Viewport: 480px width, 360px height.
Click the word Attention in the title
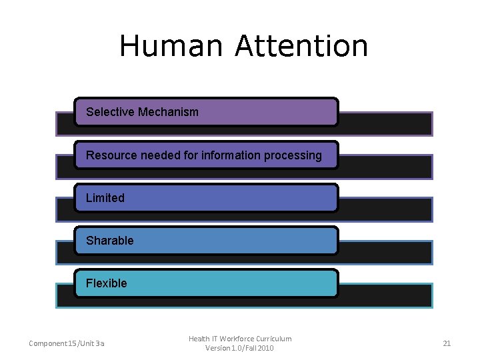pos(301,47)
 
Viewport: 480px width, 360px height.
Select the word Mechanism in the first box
pos(168,112)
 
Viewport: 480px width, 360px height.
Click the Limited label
pos(105,198)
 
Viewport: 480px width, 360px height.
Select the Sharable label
pos(110,241)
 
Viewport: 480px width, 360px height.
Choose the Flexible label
pos(107,283)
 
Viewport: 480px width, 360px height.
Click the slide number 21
pos(447,343)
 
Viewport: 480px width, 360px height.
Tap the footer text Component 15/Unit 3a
pos(66,343)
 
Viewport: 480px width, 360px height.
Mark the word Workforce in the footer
pos(233,339)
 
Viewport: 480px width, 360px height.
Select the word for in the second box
pos(190,155)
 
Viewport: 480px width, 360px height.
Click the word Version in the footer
pos(217,348)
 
